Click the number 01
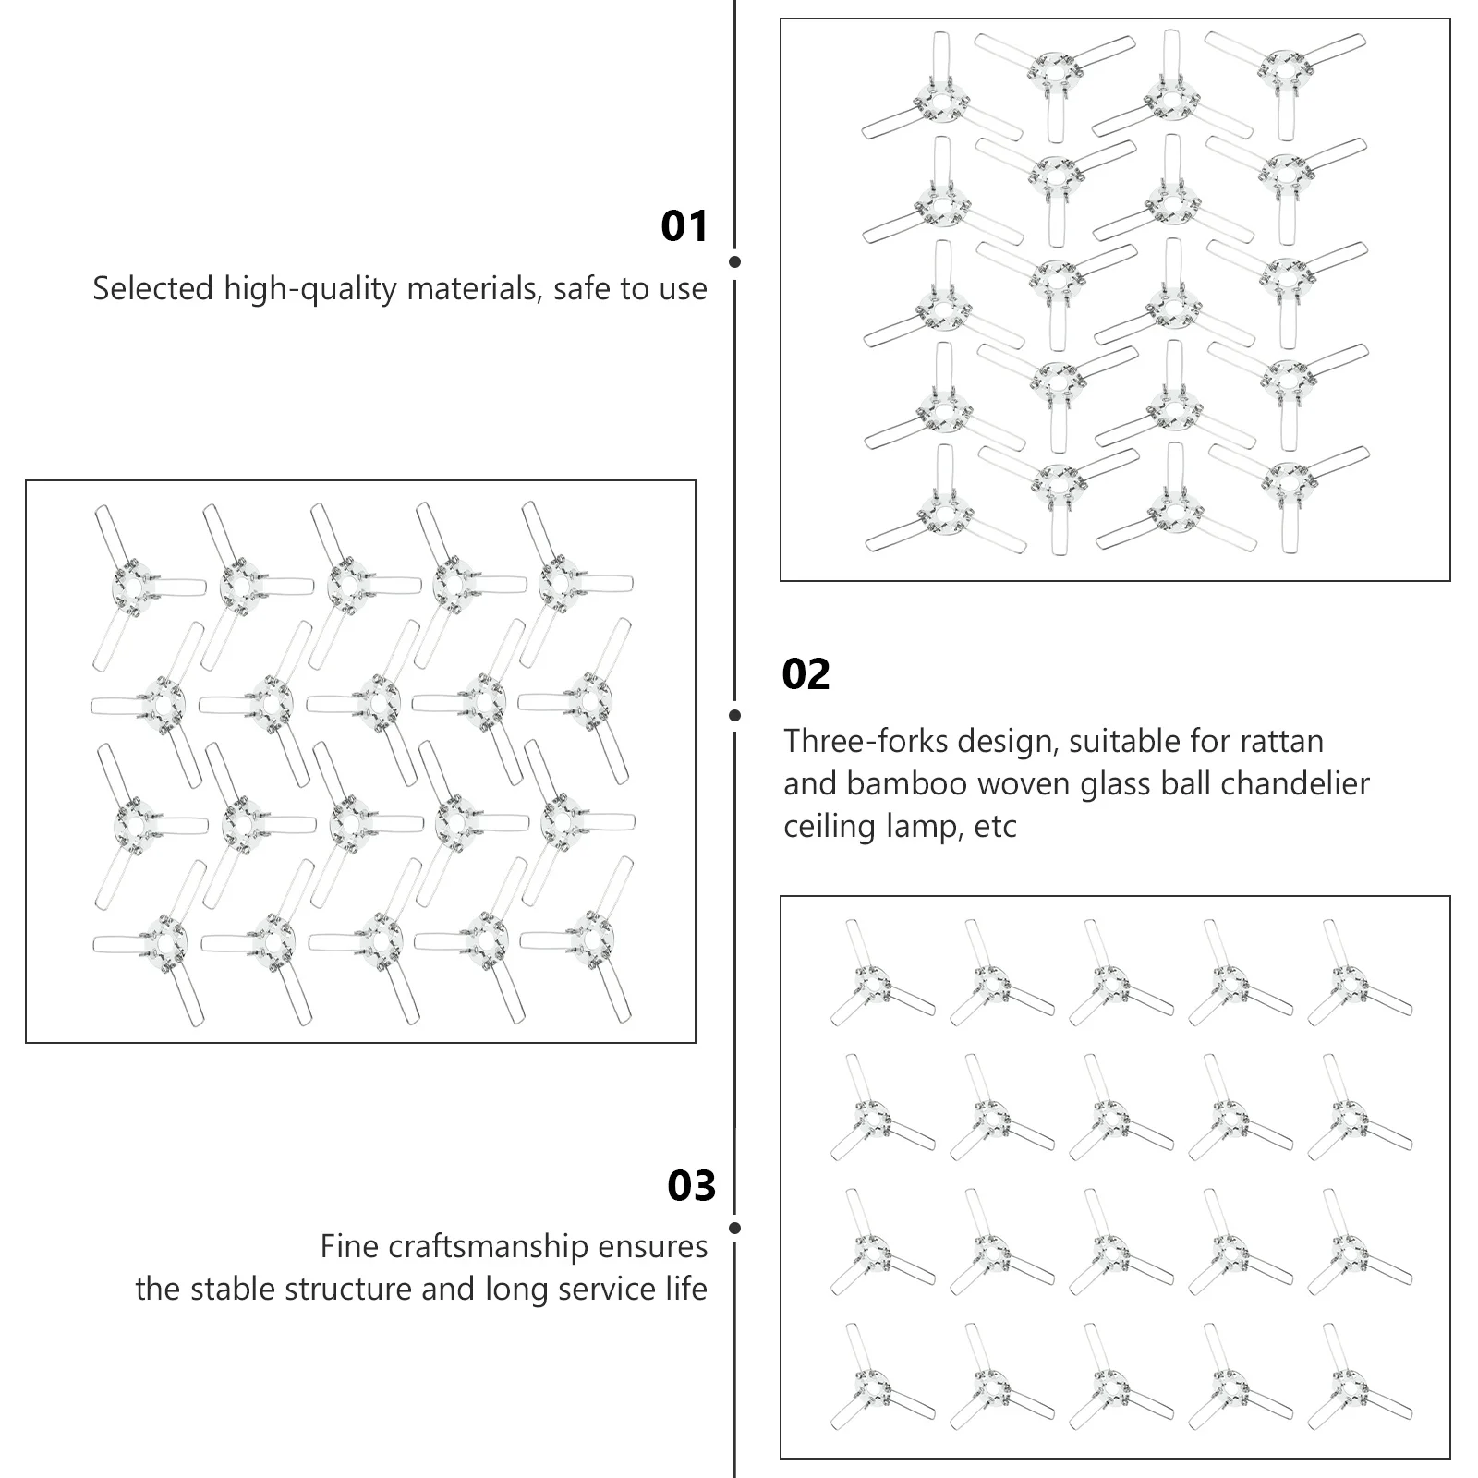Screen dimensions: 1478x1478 coord(684,226)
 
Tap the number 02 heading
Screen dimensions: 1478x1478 coord(806,674)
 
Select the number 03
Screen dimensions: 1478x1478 coord(691,1186)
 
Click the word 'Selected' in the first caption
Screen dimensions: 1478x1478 coord(153,289)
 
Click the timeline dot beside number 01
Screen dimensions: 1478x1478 coord(734,262)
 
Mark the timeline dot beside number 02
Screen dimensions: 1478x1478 coord(734,715)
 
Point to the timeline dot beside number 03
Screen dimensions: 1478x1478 coord(734,1228)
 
